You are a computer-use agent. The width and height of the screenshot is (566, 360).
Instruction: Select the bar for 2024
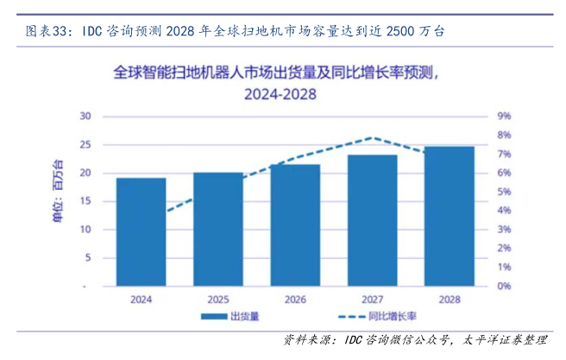[141, 231]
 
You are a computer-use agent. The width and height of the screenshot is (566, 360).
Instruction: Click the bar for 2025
[217, 229]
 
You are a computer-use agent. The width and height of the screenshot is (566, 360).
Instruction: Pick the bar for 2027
[372, 220]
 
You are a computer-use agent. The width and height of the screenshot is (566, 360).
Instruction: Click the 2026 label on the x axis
[295, 299]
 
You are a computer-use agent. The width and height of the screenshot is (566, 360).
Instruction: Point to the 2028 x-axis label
[450, 299]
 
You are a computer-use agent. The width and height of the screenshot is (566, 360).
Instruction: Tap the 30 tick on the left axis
[85, 116]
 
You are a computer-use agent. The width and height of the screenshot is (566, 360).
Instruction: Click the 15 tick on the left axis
[85, 201]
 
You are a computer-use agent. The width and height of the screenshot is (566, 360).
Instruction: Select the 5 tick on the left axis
[87, 257]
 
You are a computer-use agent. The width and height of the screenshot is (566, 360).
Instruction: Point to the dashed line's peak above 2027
[372, 137]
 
